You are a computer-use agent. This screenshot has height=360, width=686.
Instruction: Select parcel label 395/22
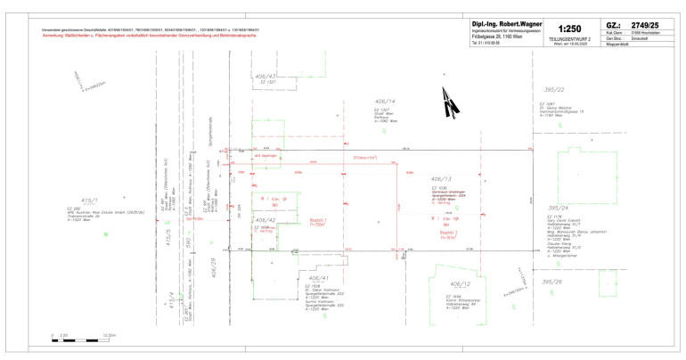click(x=554, y=90)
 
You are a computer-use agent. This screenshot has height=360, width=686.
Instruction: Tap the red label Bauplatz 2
click(x=450, y=233)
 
